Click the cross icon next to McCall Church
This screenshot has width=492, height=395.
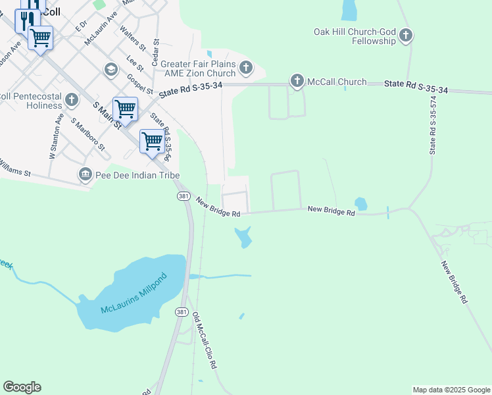pos(297,82)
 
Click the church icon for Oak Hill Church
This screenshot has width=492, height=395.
pos(406,36)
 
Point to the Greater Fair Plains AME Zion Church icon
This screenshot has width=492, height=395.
pos(245,67)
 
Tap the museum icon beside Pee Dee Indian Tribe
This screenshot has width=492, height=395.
pos(85,174)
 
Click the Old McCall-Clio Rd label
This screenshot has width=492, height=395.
pos(205,340)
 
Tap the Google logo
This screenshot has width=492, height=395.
pos(22,387)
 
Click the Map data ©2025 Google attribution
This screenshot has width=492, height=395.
pos(451,390)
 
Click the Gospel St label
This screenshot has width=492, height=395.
pos(139,84)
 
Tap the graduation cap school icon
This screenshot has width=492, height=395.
pos(111,69)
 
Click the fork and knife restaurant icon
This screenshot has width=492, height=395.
pos(27,20)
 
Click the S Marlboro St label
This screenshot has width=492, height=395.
pos(88,134)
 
